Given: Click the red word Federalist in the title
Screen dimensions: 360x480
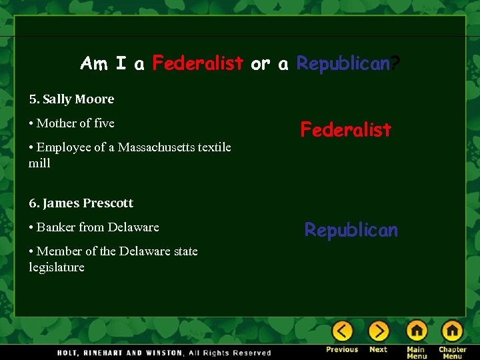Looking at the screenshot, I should pyautogui.click(x=197, y=64).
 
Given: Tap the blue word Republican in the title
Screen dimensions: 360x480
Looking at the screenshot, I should pyautogui.click(x=343, y=64).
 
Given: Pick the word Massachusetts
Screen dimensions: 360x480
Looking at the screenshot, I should pyautogui.click(x=154, y=147).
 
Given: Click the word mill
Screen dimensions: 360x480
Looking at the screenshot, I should pyautogui.click(x=39, y=163).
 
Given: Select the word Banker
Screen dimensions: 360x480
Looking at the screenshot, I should pyautogui.click(x=56, y=227).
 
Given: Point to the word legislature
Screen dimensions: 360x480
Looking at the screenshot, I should pyautogui.click(x=57, y=267).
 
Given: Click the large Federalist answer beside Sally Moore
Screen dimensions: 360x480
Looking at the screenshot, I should pyautogui.click(x=345, y=129).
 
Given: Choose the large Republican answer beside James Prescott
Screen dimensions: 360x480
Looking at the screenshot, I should pyautogui.click(x=351, y=230).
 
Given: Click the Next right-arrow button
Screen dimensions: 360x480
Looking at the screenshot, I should pyautogui.click(x=378, y=331).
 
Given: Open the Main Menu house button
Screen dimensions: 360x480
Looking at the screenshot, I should pyautogui.click(x=417, y=331).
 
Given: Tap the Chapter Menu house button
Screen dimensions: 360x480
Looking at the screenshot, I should pyautogui.click(x=452, y=331).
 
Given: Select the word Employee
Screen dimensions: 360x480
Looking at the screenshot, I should pyautogui.click(x=63, y=147).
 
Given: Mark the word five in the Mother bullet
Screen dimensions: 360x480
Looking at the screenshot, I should pyautogui.click(x=105, y=123).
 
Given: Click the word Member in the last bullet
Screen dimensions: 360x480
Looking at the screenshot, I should pyautogui.click(x=58, y=251).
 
